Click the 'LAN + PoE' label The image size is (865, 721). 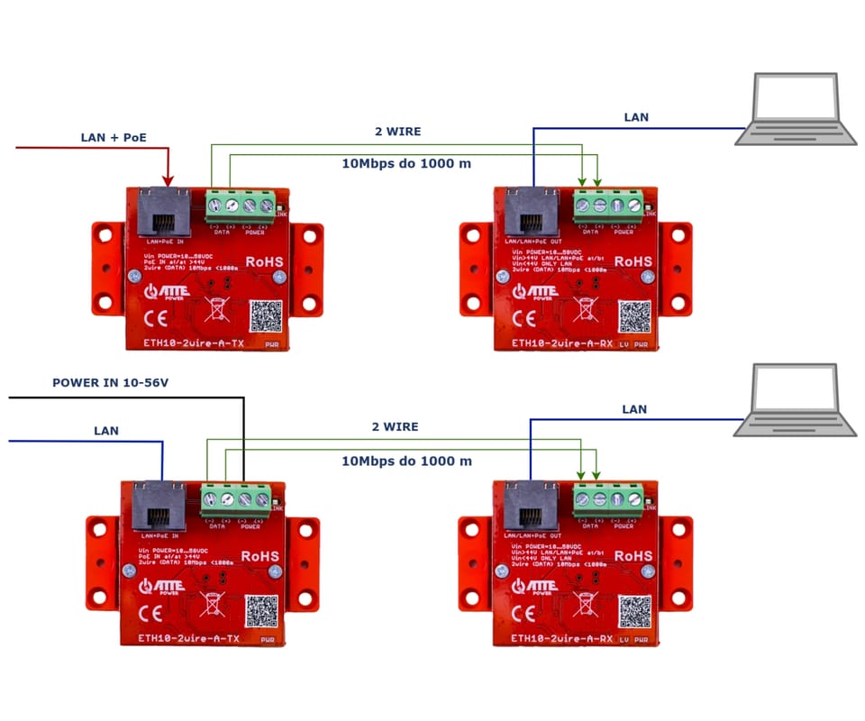114,137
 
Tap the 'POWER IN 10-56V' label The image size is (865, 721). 111,383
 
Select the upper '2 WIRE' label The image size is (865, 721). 397,132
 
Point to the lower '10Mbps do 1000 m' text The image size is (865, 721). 406,461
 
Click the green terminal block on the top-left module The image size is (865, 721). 241,205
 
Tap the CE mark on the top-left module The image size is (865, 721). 153,316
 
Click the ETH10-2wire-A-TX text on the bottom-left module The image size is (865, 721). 190,638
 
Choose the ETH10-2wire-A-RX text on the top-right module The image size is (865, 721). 562,344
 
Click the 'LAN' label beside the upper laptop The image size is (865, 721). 636,117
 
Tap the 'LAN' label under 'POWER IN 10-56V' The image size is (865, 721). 106,431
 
